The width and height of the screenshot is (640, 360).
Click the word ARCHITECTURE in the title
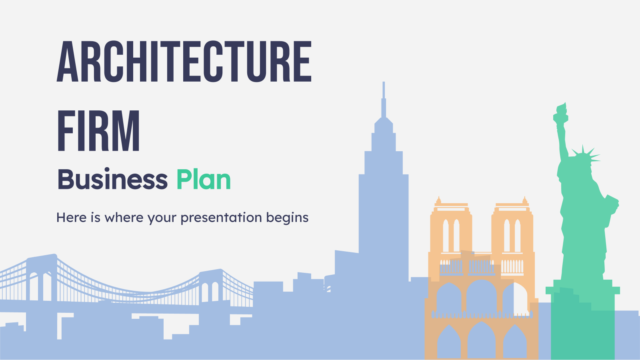point(184,62)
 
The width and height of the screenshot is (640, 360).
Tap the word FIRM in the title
point(98,131)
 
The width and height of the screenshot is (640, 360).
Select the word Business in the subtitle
point(112,180)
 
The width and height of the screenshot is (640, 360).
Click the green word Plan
point(204,180)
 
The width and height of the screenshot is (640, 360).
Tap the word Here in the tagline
point(72,218)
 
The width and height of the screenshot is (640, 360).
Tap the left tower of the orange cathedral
point(451,228)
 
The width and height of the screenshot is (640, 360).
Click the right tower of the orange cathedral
point(512,228)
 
